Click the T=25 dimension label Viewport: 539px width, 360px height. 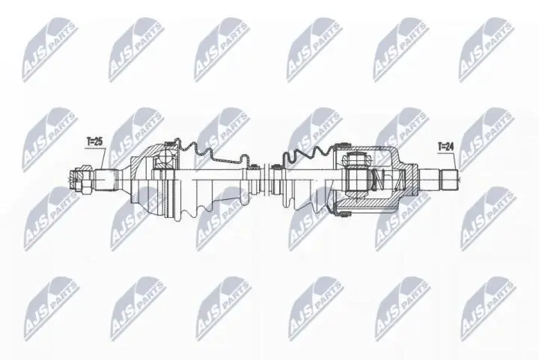point(95,141)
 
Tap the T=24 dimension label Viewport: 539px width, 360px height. point(446,147)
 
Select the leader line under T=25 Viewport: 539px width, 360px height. point(98,157)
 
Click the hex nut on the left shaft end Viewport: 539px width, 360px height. point(82,179)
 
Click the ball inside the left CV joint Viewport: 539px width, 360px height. point(164,158)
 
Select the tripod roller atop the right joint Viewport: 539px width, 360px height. point(357,159)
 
